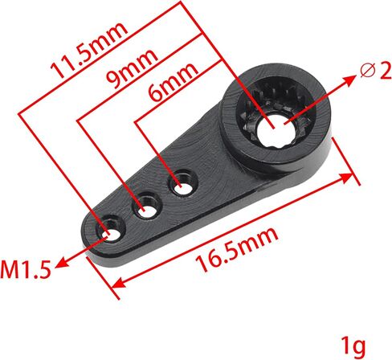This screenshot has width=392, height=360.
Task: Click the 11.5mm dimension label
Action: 89,51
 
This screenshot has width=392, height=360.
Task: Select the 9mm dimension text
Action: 132,69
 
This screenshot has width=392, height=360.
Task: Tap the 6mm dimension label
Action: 174,82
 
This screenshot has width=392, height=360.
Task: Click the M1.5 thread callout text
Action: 26,269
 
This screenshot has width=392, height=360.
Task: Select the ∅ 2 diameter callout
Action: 376,71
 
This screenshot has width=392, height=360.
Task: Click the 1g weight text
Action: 353,346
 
